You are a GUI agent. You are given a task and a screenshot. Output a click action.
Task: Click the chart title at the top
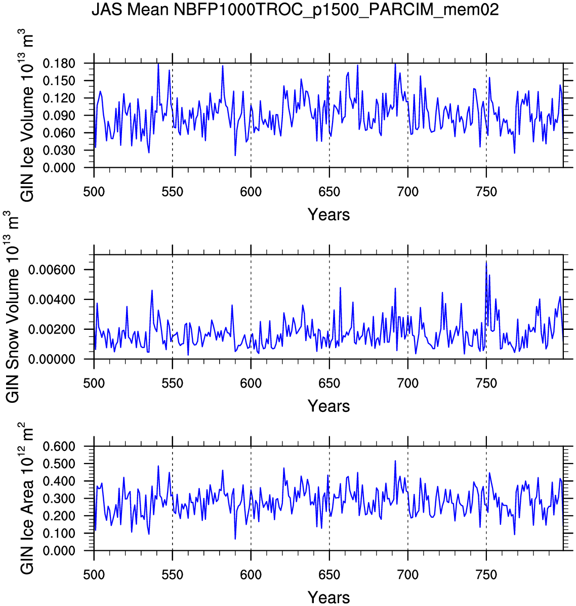click(x=295, y=10)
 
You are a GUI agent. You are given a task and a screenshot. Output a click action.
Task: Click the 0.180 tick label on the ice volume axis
click(x=59, y=64)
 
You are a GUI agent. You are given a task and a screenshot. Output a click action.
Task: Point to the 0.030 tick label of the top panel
click(x=59, y=150)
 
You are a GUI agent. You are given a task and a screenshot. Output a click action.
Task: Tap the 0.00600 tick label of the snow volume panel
click(x=52, y=270)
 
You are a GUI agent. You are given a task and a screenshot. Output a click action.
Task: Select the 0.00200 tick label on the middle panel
click(x=52, y=330)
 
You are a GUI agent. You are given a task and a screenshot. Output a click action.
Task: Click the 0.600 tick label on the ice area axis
click(x=59, y=446)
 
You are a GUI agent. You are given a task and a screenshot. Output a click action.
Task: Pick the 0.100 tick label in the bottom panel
click(x=59, y=534)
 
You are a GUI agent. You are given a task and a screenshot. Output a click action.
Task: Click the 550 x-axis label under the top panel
click(x=173, y=192)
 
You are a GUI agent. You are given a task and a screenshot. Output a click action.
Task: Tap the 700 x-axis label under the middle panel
click(x=407, y=384)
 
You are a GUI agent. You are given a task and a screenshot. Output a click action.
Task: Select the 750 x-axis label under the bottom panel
click(x=486, y=575)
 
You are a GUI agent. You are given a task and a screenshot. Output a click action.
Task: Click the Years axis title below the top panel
click(x=328, y=215)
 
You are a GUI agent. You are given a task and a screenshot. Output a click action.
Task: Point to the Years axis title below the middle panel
click(x=328, y=406)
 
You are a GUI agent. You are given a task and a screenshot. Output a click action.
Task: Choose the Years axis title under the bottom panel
click(x=328, y=597)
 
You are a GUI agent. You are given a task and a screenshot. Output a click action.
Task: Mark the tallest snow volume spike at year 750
click(x=486, y=262)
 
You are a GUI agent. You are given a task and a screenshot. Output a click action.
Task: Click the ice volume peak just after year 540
click(x=158, y=64)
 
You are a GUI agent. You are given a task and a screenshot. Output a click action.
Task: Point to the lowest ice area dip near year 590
click(x=235, y=539)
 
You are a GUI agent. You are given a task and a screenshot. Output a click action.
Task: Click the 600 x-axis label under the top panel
click(x=251, y=192)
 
